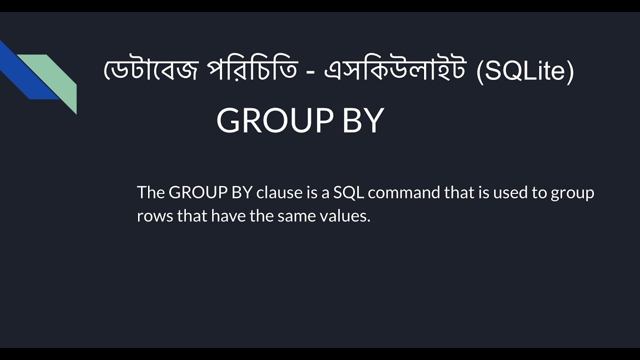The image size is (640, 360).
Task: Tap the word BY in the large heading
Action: coord(363,120)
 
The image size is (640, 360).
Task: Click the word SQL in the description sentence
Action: coord(349,192)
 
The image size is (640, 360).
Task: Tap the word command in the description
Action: coord(403,192)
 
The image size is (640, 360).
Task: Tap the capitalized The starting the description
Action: coord(150,192)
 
